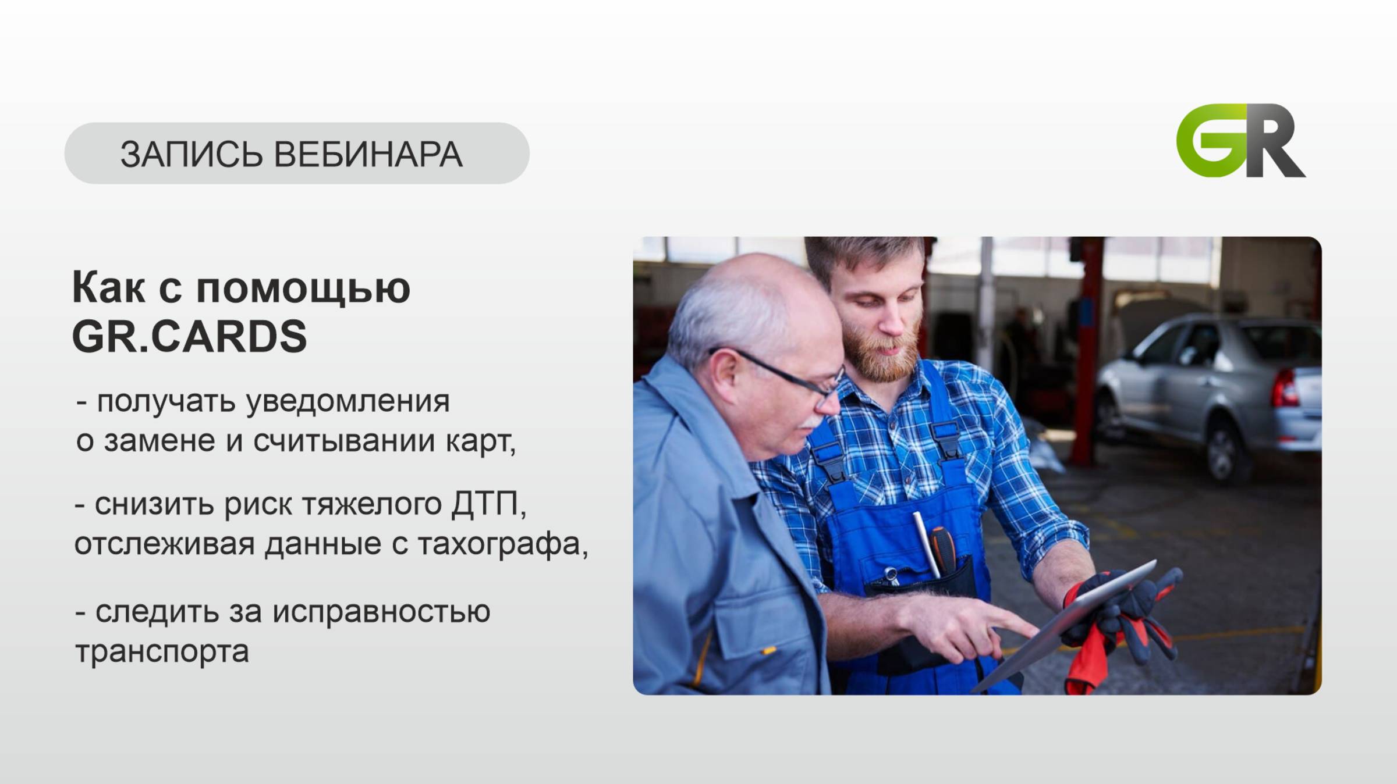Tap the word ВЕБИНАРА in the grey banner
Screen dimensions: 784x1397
click(x=368, y=155)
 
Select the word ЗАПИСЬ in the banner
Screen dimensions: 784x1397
click(x=192, y=155)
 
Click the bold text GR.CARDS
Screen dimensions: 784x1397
click(x=189, y=336)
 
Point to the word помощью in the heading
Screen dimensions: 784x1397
click(x=303, y=288)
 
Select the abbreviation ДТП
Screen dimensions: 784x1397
click(x=484, y=504)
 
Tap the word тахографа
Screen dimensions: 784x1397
click(x=498, y=544)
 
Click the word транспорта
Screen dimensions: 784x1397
click(x=162, y=651)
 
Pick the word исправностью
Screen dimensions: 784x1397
click(x=381, y=612)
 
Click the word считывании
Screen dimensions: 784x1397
click(x=344, y=441)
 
